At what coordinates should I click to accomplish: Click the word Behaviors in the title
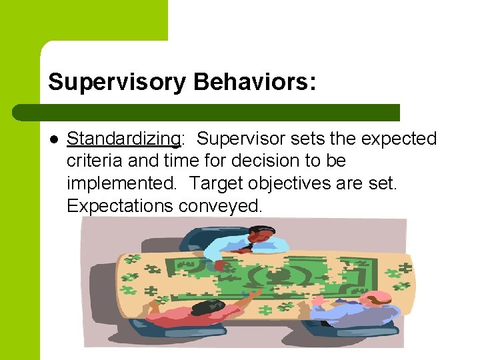[x=251, y=83]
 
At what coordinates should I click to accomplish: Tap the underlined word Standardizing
[x=123, y=139]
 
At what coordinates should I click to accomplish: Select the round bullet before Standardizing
[x=54, y=139]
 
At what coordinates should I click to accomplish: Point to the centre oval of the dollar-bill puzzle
[x=272, y=275]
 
